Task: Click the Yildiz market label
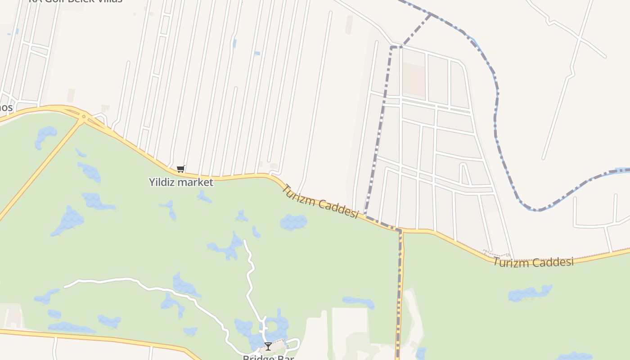coord(181,182)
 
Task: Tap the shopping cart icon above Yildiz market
coord(180,169)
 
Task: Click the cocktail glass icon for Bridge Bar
coord(268,346)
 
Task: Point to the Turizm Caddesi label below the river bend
coord(533,261)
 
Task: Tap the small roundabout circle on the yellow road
coord(84,116)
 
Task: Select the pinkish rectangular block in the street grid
coord(414,79)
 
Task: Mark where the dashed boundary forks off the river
coord(430,14)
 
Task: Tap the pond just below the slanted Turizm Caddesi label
coord(293,222)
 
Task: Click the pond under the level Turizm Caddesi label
coord(530,293)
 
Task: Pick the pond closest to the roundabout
coord(46,136)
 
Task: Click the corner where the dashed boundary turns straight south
coord(400,231)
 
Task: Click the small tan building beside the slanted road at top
coord(349,24)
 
